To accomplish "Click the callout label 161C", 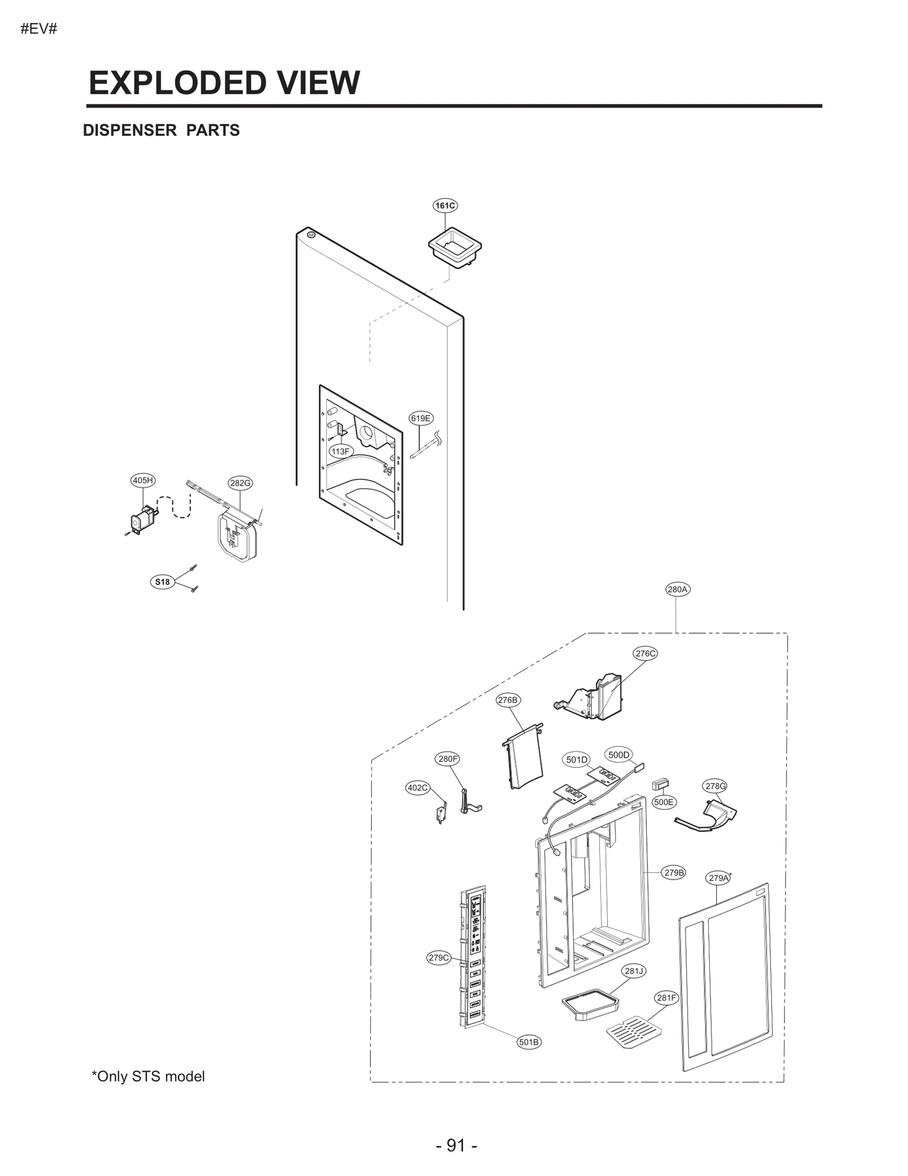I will pyautogui.click(x=444, y=206).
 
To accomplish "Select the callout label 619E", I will pyautogui.click(x=421, y=418).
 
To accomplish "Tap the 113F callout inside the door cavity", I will pyautogui.click(x=340, y=451).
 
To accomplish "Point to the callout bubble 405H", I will pyautogui.click(x=142, y=480).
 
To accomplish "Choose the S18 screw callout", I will pyautogui.click(x=162, y=581).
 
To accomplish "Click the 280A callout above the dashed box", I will pyautogui.click(x=678, y=589).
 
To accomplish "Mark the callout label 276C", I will pyautogui.click(x=645, y=654).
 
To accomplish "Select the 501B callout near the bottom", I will pyautogui.click(x=529, y=1042).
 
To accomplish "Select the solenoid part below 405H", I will pyautogui.click(x=141, y=519).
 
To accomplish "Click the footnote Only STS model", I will pyautogui.click(x=148, y=1076).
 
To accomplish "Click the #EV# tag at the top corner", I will pyautogui.click(x=39, y=29).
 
